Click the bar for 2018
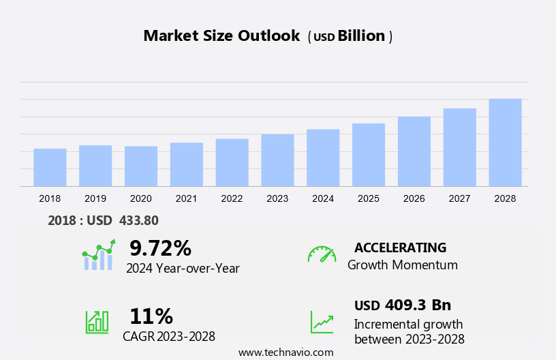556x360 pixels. coord(50,168)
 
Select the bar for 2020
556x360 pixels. coord(141,166)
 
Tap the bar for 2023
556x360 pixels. coord(277,160)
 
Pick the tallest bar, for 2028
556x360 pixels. coord(505,142)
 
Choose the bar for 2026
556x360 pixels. coord(414,151)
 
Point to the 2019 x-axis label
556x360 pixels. coord(95,198)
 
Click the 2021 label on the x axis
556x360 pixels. coord(186,198)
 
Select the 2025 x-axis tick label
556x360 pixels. coord(369,198)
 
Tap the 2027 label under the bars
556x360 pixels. coord(460,198)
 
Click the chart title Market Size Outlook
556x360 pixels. coord(221,36)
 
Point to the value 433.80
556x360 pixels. coord(138,221)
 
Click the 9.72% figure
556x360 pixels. coord(160,248)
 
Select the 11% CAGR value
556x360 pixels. coord(151,316)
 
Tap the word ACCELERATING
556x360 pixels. coord(400,247)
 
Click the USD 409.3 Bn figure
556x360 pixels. coord(403,305)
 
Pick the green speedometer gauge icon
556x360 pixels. coord(322,254)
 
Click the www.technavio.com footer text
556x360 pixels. coord(285,352)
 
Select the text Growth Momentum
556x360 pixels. coord(403,265)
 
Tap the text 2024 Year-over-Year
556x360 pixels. coord(183,269)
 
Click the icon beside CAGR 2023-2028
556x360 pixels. coord(97,322)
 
